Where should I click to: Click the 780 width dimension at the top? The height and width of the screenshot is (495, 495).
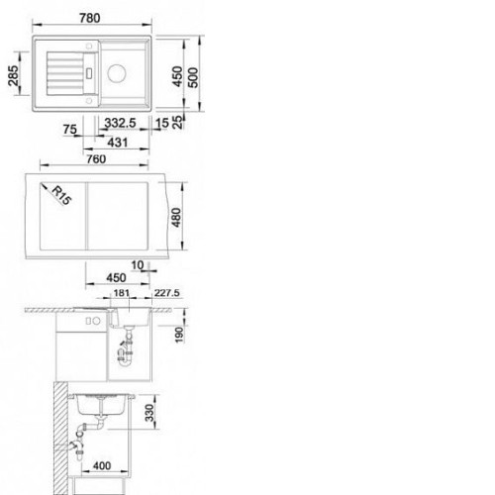point(90,18)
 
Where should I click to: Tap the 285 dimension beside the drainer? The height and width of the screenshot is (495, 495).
point(14,76)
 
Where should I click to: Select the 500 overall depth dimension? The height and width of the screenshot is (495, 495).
point(193,77)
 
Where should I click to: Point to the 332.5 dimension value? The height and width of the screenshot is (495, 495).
point(120,123)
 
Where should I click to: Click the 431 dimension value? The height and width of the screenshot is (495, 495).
point(118,143)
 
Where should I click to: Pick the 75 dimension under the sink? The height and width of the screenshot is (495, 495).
point(70,130)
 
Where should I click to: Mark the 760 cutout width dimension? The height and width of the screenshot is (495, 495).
point(96,159)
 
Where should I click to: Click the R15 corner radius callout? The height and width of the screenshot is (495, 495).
point(61,195)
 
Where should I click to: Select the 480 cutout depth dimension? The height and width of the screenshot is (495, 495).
point(176,218)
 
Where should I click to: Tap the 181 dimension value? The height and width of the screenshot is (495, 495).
point(122,293)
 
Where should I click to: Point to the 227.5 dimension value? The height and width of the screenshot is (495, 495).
point(167,293)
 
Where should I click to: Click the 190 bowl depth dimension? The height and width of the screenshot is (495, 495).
point(179,335)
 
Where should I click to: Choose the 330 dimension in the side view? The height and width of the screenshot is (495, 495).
point(149,413)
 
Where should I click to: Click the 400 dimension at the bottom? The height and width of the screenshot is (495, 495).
point(102,466)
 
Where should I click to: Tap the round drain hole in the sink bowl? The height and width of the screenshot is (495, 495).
point(117,73)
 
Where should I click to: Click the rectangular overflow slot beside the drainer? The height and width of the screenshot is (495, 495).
point(89,73)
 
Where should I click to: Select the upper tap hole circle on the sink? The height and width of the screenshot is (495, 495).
point(89,47)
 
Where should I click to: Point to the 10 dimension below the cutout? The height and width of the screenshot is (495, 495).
point(138,265)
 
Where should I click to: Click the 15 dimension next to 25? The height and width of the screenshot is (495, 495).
point(162,123)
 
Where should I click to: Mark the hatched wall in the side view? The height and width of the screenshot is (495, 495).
point(60,439)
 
